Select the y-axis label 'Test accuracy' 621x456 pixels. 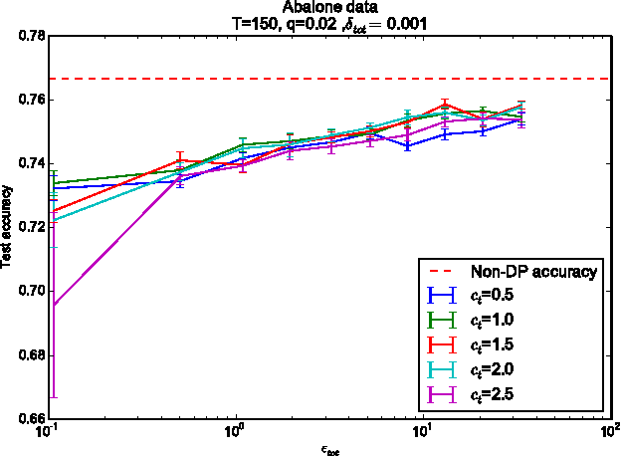8,227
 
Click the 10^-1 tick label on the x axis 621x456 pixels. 48,431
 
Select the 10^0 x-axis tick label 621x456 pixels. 235,431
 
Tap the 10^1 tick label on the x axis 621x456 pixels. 422,431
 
